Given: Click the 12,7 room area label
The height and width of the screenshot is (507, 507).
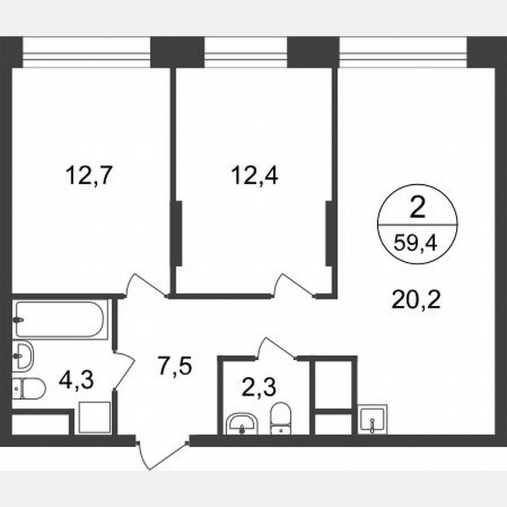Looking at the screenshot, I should coord(89,175).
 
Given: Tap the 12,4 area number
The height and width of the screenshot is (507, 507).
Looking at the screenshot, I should coord(253,175).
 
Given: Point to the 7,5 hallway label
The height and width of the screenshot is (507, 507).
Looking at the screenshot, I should coord(174,367).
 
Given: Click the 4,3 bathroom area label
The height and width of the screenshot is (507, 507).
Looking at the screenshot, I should coord(77,380).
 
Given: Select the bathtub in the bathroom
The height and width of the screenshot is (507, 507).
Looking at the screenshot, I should coord(60,320).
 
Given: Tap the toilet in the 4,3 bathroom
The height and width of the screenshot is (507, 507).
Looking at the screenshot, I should coord(28,388).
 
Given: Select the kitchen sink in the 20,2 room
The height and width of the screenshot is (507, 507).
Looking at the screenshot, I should coord(372,419).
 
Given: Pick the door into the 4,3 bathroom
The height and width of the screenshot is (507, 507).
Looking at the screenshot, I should coord(124,370).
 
